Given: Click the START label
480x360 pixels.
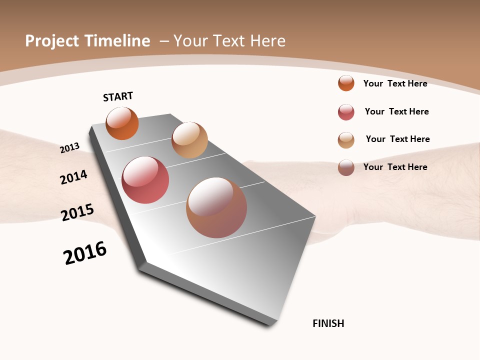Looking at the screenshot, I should click(x=118, y=96).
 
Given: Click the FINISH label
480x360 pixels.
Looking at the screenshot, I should click(x=328, y=323).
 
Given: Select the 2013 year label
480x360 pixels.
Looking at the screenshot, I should click(x=70, y=147).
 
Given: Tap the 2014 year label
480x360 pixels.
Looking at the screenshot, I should click(x=73, y=177).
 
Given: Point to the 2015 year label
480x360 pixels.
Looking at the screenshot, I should click(x=77, y=212).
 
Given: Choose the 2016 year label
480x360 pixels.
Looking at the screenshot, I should click(x=85, y=253).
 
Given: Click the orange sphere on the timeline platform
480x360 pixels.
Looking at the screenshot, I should click(x=122, y=123).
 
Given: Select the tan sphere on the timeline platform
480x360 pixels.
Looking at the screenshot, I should click(x=189, y=140).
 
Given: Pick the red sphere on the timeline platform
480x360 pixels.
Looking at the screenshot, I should click(x=145, y=180).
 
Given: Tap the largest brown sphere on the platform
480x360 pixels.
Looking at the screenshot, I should click(x=216, y=207).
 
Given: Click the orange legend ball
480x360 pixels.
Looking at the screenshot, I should click(x=346, y=83).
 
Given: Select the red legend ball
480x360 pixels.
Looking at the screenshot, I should click(x=346, y=112).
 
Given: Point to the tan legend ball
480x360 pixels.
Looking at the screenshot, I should click(x=346, y=140).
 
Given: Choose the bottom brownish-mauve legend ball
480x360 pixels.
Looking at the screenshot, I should click(x=346, y=167).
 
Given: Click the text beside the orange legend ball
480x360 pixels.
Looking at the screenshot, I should click(x=395, y=83).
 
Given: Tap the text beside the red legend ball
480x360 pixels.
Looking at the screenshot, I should click(x=396, y=111).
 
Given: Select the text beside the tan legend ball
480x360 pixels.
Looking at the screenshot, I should click(x=397, y=139).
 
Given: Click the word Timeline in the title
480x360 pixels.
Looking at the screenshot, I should click(x=117, y=41).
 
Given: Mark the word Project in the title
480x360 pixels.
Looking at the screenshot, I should click(x=52, y=41).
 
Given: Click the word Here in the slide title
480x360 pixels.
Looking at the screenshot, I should click(x=268, y=41).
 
